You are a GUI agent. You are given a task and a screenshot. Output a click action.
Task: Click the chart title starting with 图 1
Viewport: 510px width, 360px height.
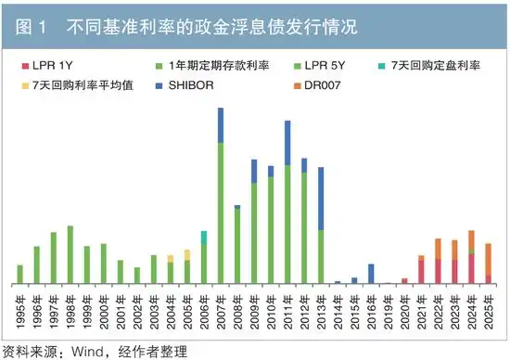click(x=185, y=22)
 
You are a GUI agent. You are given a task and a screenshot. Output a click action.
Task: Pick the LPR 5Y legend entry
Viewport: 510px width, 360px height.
click(x=330, y=66)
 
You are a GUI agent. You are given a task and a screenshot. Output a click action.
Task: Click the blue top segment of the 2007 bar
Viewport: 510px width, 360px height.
click(x=221, y=125)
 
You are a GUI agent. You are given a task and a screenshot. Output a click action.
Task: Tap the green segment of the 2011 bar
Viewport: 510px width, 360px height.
click(x=287, y=223)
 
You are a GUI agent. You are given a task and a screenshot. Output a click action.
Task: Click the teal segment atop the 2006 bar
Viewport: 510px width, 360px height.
click(x=204, y=238)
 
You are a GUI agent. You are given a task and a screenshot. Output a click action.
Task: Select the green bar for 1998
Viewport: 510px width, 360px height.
click(x=70, y=254)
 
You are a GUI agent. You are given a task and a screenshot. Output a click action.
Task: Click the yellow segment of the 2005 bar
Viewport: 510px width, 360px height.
click(x=187, y=254)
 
